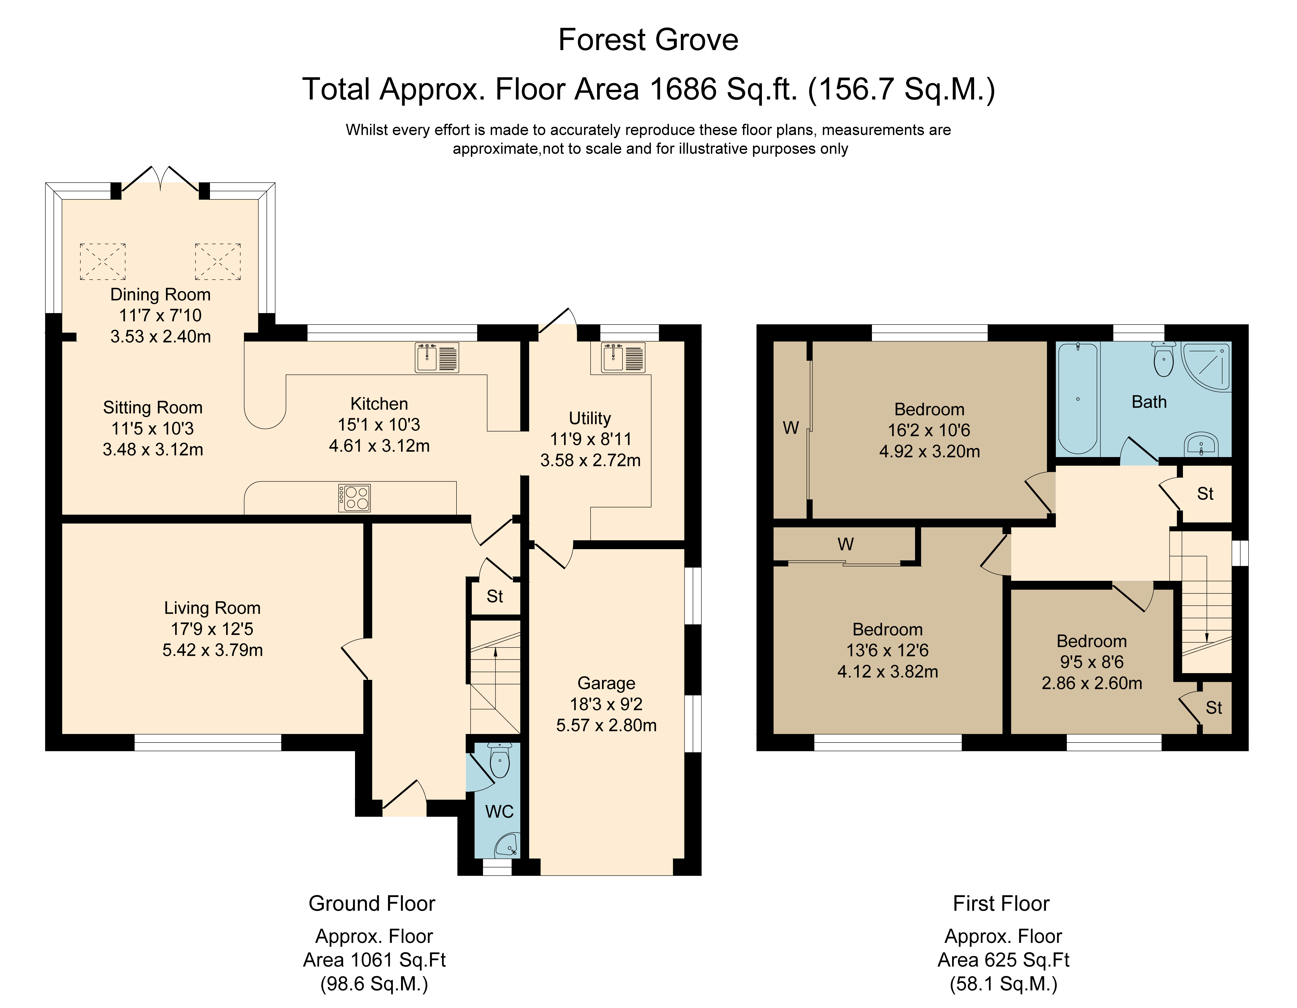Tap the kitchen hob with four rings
(355, 498)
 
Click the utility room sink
(623, 358)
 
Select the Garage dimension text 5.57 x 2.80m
(606, 725)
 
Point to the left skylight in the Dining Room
(103, 261)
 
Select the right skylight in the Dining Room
(218, 261)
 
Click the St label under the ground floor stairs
(495, 596)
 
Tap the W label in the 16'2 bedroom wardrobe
(790, 428)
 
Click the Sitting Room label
(153, 407)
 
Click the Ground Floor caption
(372, 904)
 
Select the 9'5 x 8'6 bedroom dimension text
(1092, 662)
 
